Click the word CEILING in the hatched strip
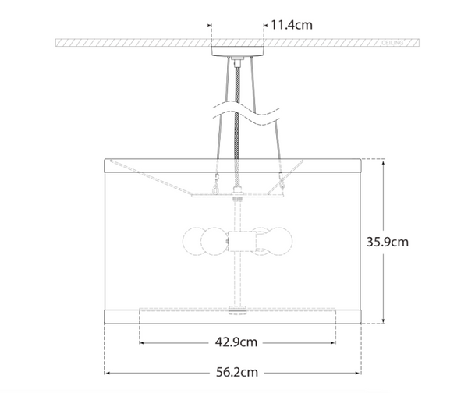pyautogui.click(x=392, y=44)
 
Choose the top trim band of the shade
pyautogui.click(x=234, y=165)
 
